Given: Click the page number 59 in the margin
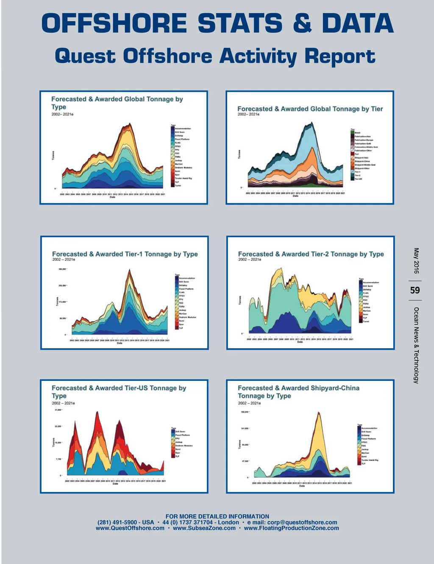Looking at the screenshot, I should [x=415, y=290].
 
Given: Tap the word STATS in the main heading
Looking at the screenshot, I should [x=240, y=23].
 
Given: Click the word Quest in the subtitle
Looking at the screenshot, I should [x=85, y=56].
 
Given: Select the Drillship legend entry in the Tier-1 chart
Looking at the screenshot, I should [x=184, y=285].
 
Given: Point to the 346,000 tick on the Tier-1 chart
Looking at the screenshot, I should [x=62, y=269].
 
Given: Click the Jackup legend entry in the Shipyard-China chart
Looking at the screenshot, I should [x=365, y=450].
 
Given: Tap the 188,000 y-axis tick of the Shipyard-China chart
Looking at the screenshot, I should [x=245, y=412].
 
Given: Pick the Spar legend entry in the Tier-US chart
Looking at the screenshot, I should [x=178, y=453].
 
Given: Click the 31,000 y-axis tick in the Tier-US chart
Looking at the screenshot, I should [x=58, y=410].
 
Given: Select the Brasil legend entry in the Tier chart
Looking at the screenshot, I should [x=357, y=133].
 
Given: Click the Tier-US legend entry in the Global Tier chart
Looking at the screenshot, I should [x=358, y=179].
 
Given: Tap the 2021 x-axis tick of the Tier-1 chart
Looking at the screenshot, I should [x=168, y=340].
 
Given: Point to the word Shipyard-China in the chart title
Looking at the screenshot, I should [x=335, y=388].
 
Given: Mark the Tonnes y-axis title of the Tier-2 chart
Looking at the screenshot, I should [x=240, y=300].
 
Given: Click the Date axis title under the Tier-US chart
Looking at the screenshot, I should [x=115, y=484].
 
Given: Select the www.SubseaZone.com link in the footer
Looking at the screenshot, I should [x=204, y=528].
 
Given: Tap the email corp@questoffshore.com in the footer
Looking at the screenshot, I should [x=302, y=522].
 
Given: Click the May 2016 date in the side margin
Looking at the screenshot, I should [x=416, y=261].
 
